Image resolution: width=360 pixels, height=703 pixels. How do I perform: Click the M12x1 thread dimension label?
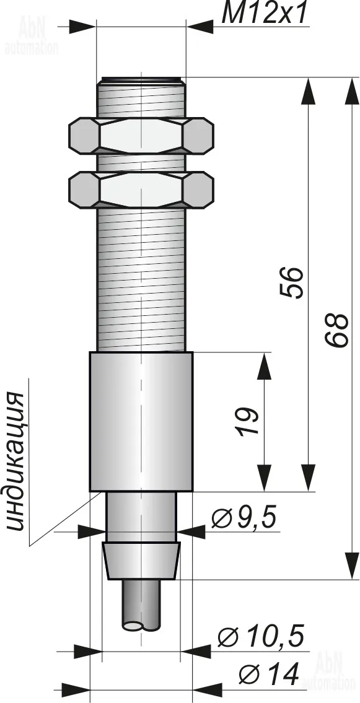(265, 13)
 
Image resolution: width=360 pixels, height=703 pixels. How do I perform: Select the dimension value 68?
(336, 330)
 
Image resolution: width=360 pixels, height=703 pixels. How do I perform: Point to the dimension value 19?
(248, 421)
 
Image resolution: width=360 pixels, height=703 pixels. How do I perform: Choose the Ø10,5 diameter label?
(261, 636)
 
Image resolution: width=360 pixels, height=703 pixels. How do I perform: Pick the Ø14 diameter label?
(269, 674)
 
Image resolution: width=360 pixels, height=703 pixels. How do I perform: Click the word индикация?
(17, 462)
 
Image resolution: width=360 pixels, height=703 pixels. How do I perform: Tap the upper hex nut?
(141, 136)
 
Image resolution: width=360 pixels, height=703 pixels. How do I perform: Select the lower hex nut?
(141, 190)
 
